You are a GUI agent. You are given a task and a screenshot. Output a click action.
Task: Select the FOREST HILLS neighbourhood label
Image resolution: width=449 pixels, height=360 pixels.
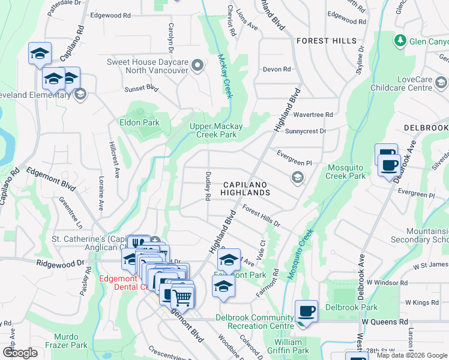point(326,41)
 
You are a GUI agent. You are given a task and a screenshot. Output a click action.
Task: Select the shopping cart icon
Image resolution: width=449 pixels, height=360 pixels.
point(182,296)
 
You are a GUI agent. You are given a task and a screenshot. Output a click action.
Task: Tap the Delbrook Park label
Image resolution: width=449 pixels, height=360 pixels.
point(351,307)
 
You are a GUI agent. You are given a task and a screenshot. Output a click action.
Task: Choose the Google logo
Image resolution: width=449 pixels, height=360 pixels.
point(20,352)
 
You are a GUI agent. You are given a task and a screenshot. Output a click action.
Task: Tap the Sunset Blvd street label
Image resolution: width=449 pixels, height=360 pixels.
point(140,88)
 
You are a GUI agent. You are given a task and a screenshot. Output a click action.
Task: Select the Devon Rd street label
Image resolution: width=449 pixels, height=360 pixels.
point(277,69)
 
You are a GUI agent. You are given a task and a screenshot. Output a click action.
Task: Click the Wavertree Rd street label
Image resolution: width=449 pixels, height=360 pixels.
point(313,114)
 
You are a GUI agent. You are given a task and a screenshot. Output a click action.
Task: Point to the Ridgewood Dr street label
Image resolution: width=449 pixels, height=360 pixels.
point(60,263)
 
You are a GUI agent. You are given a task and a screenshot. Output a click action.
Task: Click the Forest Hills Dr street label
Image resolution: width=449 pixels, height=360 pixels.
point(262,216)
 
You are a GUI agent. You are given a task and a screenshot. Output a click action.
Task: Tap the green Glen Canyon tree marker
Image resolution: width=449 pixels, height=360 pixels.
point(399,40)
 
